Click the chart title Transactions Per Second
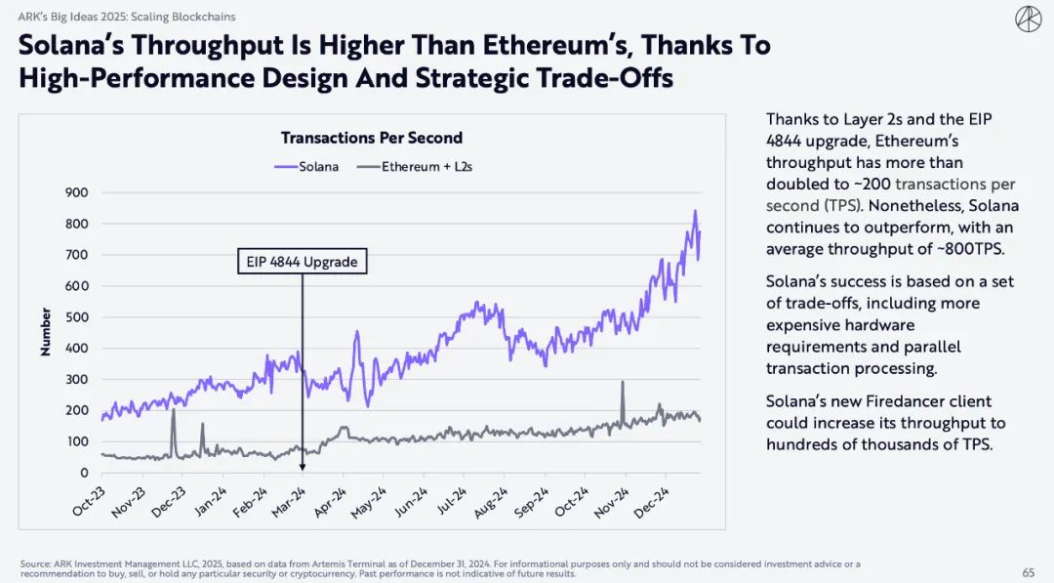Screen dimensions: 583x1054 pos(371,138)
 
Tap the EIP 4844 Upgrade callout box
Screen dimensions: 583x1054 pos(303,262)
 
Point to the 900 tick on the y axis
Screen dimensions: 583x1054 pos(76,192)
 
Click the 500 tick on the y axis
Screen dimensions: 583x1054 pos(76,317)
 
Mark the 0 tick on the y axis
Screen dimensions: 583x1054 pos(84,473)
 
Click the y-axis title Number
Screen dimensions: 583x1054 pos(45,332)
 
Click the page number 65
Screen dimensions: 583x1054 pos(1028,572)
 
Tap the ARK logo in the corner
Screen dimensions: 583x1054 pos(1028,19)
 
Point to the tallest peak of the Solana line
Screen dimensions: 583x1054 pos(695,211)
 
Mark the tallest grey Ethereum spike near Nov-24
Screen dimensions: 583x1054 pos(622,383)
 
